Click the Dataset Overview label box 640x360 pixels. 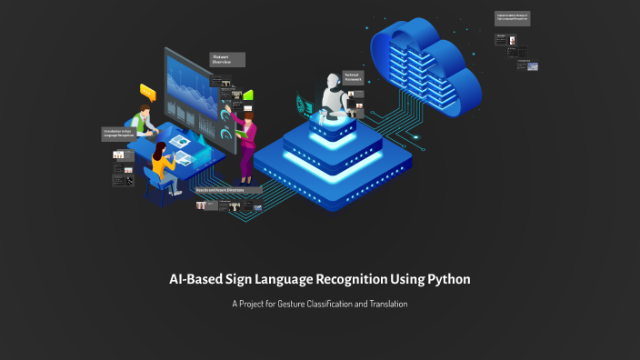(227, 59)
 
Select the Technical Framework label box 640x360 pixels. (353, 77)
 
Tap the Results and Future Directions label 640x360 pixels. (228, 190)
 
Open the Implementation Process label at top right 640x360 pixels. (512, 17)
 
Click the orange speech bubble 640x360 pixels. (147, 90)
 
